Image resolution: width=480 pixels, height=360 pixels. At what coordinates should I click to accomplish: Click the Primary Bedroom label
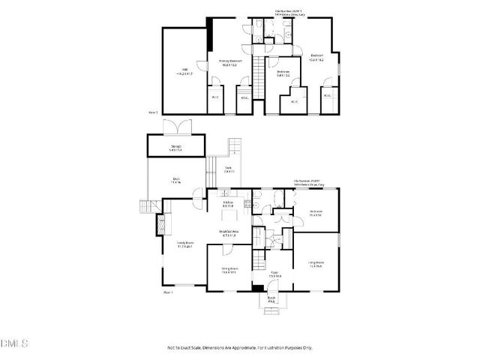pos(228,63)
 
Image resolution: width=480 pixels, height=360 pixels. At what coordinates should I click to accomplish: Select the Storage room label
pos(176,148)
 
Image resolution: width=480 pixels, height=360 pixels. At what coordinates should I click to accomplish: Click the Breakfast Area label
pos(229,233)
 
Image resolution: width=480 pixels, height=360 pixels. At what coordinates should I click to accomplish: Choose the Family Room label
pos(185,244)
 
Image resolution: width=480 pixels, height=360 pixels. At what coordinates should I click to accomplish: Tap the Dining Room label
pos(229,271)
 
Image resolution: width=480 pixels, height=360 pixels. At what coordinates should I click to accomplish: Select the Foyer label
pos(275,274)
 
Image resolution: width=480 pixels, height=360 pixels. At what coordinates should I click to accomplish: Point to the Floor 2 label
pos(152,112)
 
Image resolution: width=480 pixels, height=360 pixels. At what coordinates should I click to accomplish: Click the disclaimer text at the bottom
pos(240,349)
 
